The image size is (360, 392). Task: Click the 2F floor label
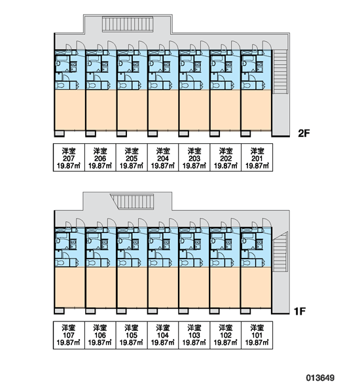(304, 134)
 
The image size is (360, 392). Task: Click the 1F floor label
(300, 312)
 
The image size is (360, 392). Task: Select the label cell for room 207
(69, 158)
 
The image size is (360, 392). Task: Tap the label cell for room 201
(257, 158)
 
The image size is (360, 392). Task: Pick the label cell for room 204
(163, 158)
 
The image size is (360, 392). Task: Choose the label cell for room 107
(69, 335)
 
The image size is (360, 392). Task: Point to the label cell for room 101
(257, 335)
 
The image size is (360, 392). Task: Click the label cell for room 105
(132, 335)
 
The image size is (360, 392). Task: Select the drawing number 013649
(320, 378)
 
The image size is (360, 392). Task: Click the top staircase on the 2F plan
(128, 24)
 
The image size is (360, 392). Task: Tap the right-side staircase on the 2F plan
(280, 72)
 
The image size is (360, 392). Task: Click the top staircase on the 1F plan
(132, 202)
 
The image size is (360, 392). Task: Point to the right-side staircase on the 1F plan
(280, 252)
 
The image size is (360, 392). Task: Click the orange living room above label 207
(70, 110)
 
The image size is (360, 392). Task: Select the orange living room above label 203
(194, 110)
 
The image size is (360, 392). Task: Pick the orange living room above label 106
(101, 287)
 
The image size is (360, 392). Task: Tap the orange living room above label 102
(225, 287)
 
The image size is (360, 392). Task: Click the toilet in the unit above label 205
(122, 86)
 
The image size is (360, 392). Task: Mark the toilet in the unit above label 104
(154, 263)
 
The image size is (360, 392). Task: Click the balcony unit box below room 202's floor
(215, 134)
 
